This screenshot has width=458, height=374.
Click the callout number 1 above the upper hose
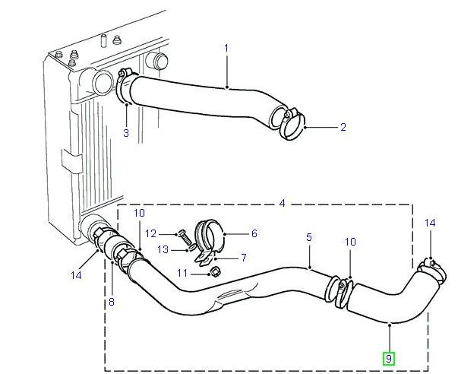tap(226, 49)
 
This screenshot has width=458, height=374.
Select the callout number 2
tap(343, 128)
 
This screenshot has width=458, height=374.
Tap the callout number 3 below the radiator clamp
tap(126, 134)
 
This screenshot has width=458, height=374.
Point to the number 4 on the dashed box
tap(282, 203)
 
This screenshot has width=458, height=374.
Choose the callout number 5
tap(309, 238)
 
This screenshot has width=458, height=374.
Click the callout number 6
tap(254, 234)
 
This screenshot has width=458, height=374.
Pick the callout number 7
tap(243, 258)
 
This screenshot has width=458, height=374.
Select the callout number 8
tap(112, 303)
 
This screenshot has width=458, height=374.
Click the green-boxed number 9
tap(388, 358)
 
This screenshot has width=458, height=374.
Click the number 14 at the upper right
tap(431, 223)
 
